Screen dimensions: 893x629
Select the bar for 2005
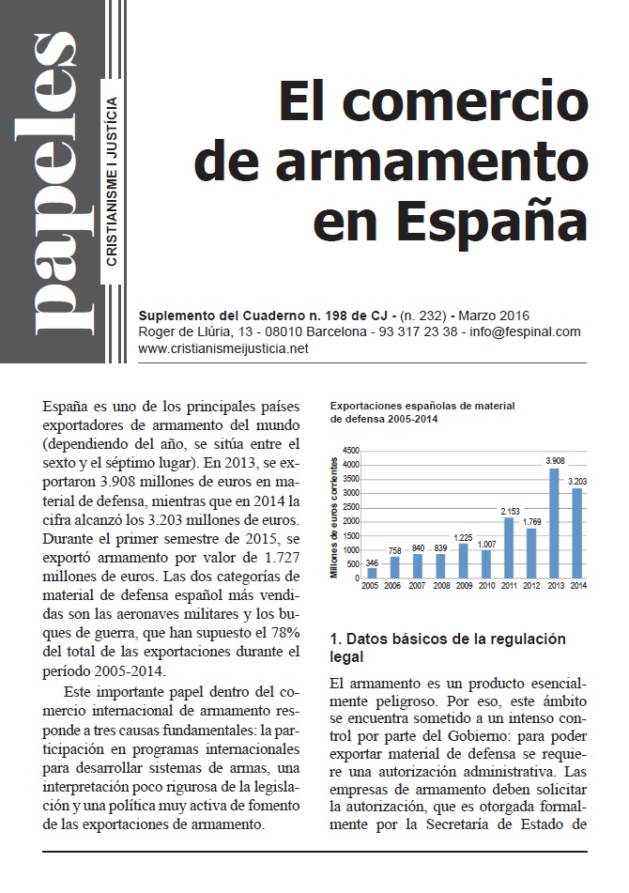tap(372, 572)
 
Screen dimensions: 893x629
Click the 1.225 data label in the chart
tap(463, 537)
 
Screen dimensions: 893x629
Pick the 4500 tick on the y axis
tap(351, 450)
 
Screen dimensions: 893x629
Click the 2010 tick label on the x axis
tap(485, 585)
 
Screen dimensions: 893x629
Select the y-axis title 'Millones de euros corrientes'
tap(335, 513)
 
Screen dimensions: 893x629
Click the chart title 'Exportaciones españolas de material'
tap(422, 406)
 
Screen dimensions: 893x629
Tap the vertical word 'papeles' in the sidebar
tap(52, 183)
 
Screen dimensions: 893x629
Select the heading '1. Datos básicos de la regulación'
tap(448, 639)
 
